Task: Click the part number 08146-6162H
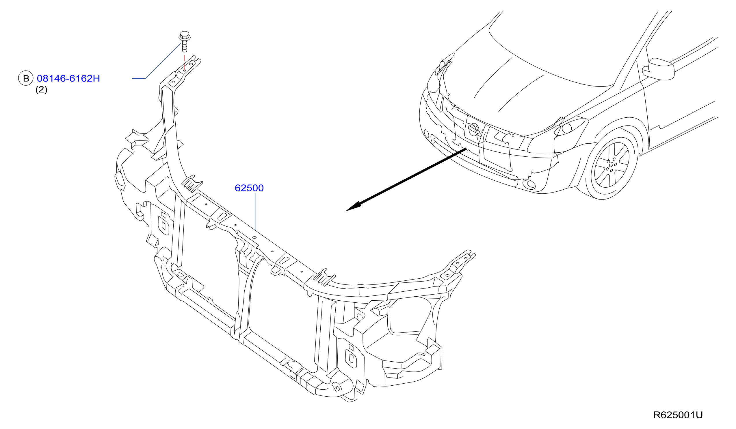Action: (68, 78)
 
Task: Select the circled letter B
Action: (26, 78)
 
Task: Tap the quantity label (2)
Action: (41, 89)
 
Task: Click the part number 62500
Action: (249, 188)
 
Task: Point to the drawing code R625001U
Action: (678, 415)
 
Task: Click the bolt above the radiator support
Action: (184, 41)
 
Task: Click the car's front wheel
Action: (611, 164)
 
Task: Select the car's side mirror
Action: (658, 69)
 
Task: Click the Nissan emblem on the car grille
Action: (474, 130)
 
